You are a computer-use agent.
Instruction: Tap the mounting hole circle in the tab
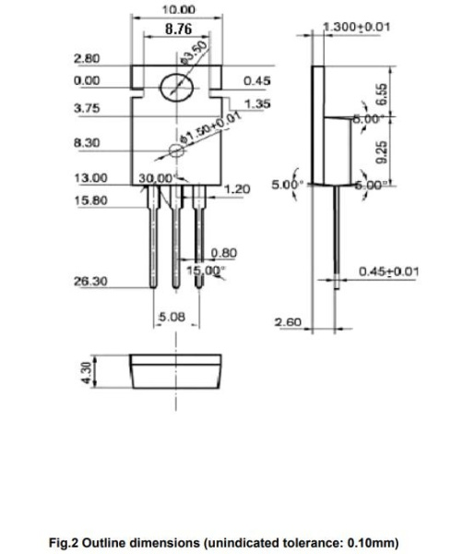pyautogui.click(x=175, y=89)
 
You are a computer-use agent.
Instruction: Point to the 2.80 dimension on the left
pyautogui.click(x=87, y=60)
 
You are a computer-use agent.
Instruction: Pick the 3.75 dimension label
pyautogui.click(x=87, y=108)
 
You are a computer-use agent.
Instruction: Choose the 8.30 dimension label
pyautogui.click(x=87, y=143)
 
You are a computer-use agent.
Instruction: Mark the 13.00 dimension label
pyautogui.click(x=89, y=177)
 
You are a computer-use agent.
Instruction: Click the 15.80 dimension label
pyautogui.click(x=89, y=199)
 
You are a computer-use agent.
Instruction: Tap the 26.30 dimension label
pyautogui.click(x=89, y=281)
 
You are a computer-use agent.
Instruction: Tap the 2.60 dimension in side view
pyautogui.click(x=288, y=322)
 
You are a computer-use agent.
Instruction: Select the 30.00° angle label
pyautogui.click(x=156, y=177)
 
